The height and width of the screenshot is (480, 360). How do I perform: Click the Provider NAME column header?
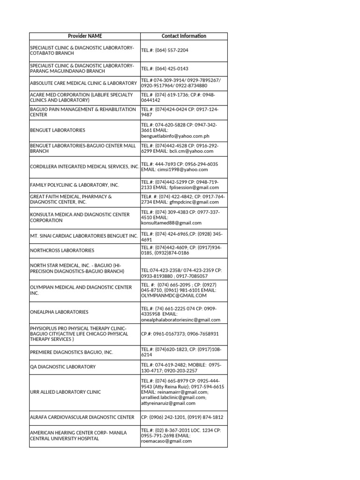tap(85, 36)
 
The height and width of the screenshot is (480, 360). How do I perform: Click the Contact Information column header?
tap(184, 36)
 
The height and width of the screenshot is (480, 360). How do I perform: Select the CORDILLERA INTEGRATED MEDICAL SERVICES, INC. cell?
tap(84, 166)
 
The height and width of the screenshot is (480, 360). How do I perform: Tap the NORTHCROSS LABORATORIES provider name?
tap(62, 251)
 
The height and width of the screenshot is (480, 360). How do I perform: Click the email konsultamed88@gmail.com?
tap(171, 223)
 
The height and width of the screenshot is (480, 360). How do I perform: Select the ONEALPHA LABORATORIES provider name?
tap(59, 312)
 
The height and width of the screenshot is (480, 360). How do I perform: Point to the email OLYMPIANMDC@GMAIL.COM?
tap(173, 296)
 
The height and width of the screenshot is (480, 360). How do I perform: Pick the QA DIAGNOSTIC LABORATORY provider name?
tap(62, 367)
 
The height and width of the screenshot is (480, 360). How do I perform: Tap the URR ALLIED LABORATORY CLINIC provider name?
tap(65, 391)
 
